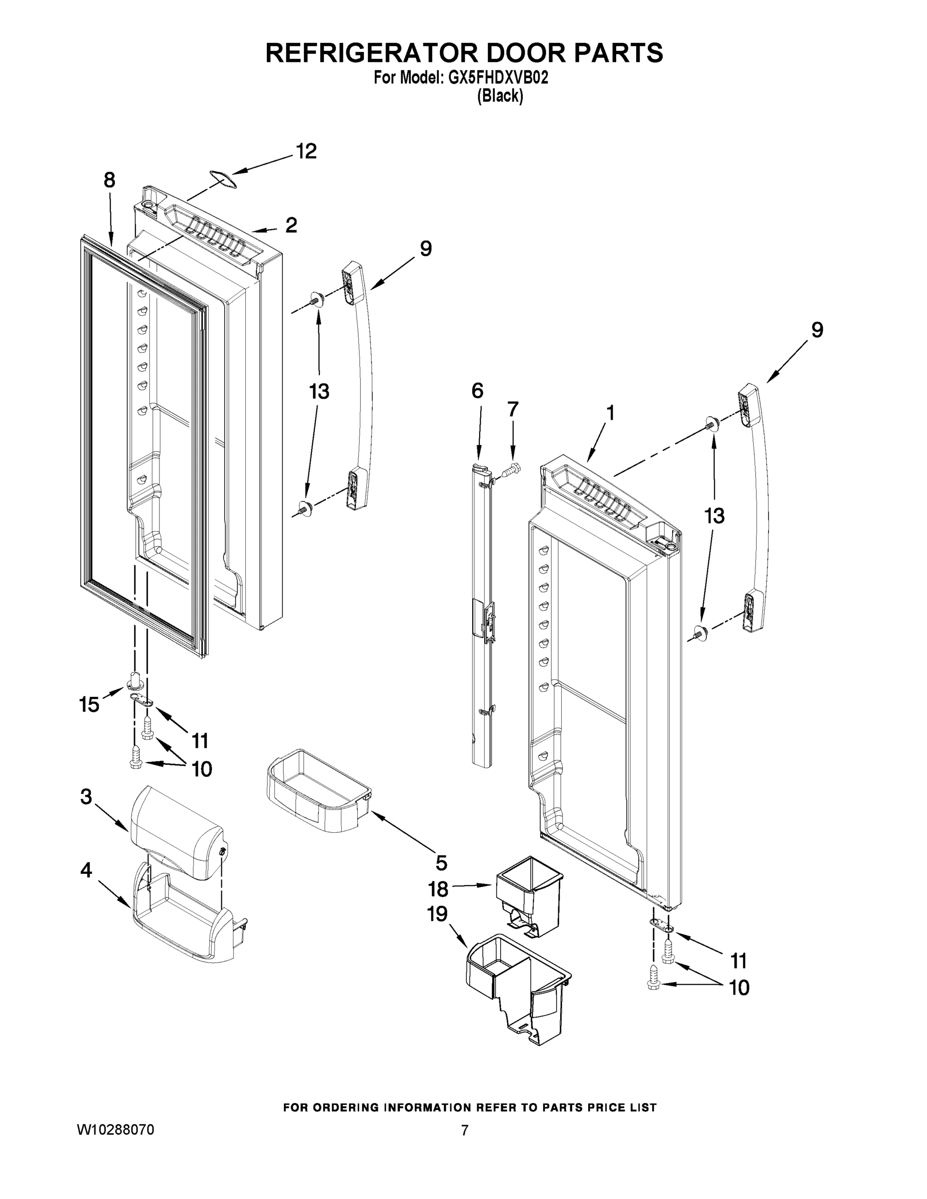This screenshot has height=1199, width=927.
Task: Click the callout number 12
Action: coord(306,151)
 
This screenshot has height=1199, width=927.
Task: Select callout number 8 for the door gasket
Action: coord(109,180)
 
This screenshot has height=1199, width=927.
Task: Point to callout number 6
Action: coord(477,391)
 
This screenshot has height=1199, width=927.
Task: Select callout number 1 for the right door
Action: coord(610,413)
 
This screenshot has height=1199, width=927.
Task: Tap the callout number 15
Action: coord(89,704)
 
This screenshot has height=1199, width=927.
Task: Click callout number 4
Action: coord(86,870)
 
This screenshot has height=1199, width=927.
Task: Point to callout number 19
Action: coord(438,914)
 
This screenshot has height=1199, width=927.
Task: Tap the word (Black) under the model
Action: coord(500,96)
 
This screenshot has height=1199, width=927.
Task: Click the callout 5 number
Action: coord(441,863)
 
